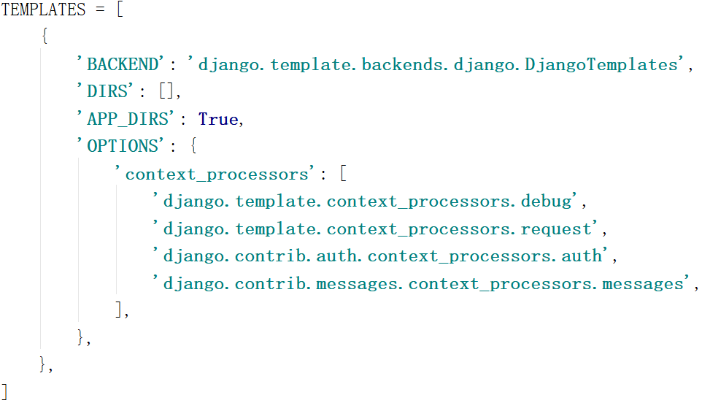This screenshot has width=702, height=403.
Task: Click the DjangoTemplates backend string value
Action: click(x=438, y=65)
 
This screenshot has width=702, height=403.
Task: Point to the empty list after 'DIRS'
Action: click(x=167, y=93)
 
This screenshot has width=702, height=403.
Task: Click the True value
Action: click(x=218, y=120)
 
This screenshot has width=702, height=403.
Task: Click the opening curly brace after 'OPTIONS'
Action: click(x=193, y=147)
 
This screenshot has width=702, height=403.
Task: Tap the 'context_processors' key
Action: click(x=216, y=174)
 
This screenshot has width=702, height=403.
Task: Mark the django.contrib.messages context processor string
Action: click(x=420, y=284)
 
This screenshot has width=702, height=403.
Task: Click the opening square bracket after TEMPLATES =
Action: click(x=120, y=11)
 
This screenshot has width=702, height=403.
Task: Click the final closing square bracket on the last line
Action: click(x=5, y=391)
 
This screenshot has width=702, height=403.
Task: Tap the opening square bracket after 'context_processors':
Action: click(x=344, y=174)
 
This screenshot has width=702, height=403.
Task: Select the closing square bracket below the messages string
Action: click(x=119, y=310)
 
